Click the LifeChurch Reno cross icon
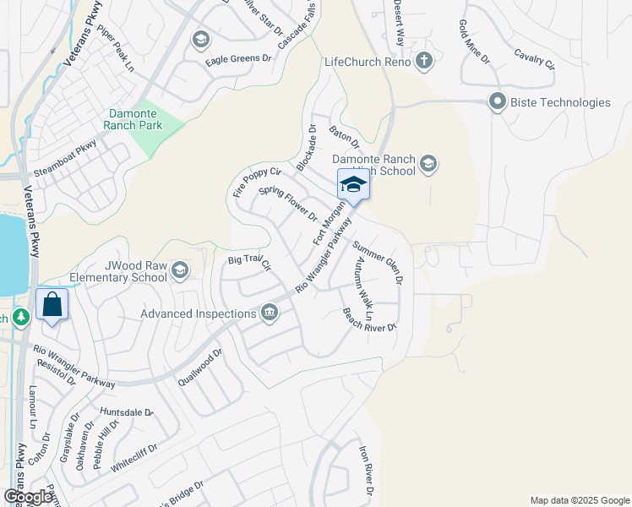(x=424, y=62)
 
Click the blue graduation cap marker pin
(x=353, y=185)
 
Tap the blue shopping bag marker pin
(x=52, y=305)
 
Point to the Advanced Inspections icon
(x=270, y=313)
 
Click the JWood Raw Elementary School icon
(x=179, y=270)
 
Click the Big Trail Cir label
(x=249, y=263)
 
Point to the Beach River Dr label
(x=369, y=319)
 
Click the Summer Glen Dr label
(x=378, y=262)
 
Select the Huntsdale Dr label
(x=127, y=412)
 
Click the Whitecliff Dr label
(x=134, y=455)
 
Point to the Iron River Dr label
(x=365, y=471)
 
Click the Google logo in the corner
(x=28, y=497)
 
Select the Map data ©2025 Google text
(x=579, y=500)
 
